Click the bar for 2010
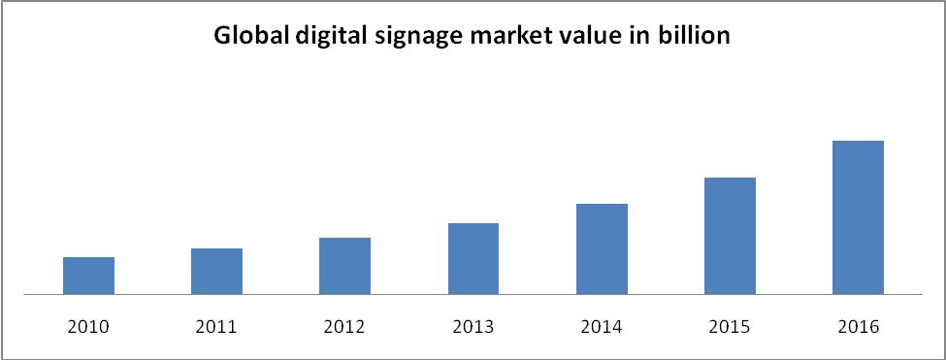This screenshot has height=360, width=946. point(88,275)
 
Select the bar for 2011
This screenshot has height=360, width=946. point(216,271)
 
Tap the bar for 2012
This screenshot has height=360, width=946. point(344,265)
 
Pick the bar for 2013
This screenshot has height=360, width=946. point(473,258)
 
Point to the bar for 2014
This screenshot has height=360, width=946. point(602,248)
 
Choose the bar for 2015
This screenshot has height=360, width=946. point(730,235)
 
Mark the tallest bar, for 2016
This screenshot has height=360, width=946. point(858,216)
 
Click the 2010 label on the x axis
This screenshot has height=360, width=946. point(88,327)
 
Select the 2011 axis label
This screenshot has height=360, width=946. point(216,327)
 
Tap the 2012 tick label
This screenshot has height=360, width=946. point(344,327)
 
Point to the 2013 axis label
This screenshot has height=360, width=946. point(473,327)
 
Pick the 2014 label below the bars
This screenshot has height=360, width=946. point(602,327)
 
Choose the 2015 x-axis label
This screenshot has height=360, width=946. point(730,327)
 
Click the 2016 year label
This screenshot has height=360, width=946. point(858,327)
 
